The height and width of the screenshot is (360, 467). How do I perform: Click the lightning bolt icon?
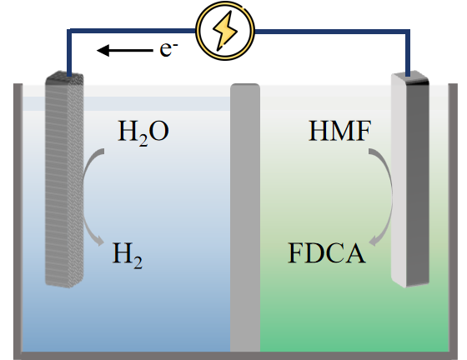pos(225,31)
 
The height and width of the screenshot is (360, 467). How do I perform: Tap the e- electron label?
pos(168,49)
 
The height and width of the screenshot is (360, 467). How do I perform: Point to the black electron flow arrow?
pos(125,50)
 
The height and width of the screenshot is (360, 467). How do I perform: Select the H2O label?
pos(143,132)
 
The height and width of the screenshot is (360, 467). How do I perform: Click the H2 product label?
pos(127,255)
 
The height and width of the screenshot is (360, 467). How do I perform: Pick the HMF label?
pos(340,131)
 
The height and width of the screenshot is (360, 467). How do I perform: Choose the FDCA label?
pos(327,253)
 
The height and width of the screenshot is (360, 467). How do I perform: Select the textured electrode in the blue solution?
pos(64,180)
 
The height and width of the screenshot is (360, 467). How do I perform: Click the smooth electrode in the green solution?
pos(410,179)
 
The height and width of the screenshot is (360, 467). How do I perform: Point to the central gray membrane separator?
pos(245,217)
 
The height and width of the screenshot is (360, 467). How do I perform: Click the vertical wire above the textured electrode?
pos(69,52)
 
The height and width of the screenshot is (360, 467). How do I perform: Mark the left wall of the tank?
pos(18,220)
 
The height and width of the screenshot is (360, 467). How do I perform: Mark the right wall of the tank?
pos(453,220)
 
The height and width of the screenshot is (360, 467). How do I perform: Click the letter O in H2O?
pos(158,131)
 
